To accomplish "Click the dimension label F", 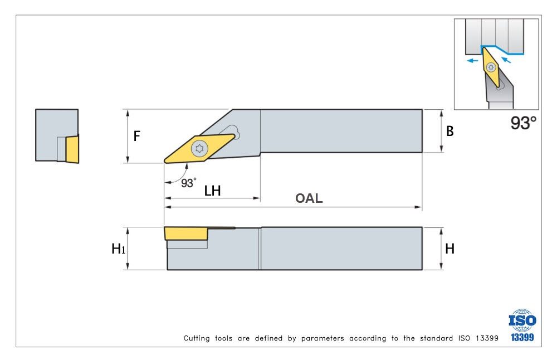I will coord(137,136).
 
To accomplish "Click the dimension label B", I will coord(450,132).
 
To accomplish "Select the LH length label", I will coord(212,191).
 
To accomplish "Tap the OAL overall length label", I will coord(309,198).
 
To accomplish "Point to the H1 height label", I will coord(118,249).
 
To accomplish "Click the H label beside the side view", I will coord(449,249).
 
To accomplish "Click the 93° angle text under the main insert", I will coord(189,182).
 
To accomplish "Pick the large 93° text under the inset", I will coord(523,123).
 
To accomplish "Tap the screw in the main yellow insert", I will coord(198,148).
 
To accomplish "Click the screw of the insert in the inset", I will coord(491,67).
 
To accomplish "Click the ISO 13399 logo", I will coord(522,325).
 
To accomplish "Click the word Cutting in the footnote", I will coord(197,338).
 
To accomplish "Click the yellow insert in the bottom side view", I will coord(186,233).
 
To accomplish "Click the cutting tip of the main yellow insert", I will coord(165,162).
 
